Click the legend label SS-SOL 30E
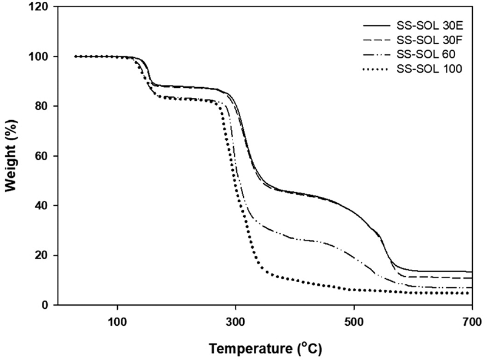[x=430, y=26]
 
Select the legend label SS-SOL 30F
[x=430, y=40]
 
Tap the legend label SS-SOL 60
[x=426, y=54]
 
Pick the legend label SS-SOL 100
[x=429, y=68]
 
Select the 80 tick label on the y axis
[x=42, y=106]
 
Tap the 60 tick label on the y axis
[x=42, y=156]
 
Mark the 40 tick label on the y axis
[x=42, y=206]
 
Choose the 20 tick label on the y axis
[x=42, y=256]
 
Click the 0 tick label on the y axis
[x=46, y=305]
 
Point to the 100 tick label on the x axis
[x=117, y=322]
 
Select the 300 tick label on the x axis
[x=236, y=322]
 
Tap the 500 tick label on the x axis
[x=354, y=322]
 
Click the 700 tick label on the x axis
[x=472, y=322]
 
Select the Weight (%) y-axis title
[x=11, y=156]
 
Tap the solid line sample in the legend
[x=376, y=26]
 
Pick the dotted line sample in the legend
[x=375, y=69]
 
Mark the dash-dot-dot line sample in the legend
[x=376, y=54]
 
